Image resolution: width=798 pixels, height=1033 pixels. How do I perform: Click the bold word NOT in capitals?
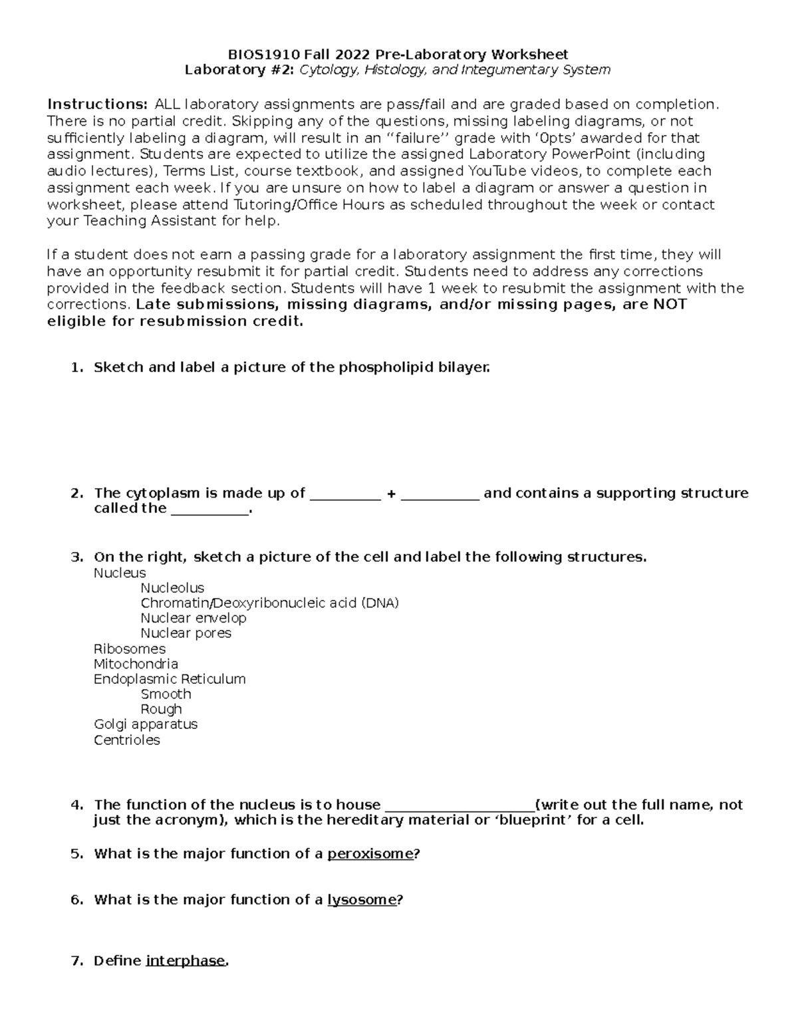point(670,305)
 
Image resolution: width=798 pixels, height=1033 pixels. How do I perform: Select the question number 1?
point(76,367)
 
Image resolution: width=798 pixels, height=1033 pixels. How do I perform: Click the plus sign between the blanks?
point(391,494)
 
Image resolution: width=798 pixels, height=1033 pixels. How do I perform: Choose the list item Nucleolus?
point(172,588)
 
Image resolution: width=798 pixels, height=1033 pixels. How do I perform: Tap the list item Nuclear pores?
point(186,633)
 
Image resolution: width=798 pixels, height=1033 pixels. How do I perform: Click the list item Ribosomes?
point(129,649)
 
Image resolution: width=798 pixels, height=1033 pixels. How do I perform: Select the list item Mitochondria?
point(136,664)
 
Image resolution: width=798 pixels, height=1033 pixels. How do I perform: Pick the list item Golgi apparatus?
point(146,724)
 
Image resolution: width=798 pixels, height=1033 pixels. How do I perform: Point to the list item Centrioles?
point(126,740)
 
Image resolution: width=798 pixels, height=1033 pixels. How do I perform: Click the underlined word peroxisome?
point(370,854)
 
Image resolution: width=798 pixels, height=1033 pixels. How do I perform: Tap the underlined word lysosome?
point(362,900)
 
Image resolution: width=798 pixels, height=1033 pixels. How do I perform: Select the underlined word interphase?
point(186,961)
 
